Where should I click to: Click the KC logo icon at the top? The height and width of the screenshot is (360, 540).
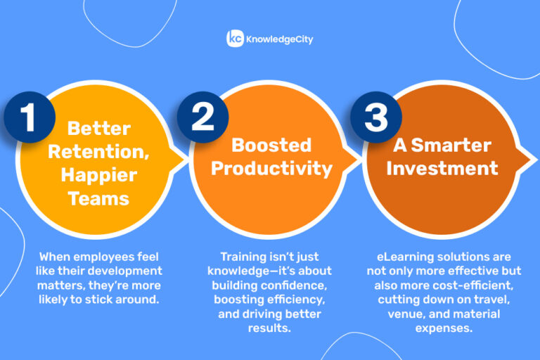click(234, 39)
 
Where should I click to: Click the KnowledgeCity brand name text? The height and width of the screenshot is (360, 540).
click(279, 39)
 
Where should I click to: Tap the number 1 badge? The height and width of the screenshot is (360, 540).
click(29, 117)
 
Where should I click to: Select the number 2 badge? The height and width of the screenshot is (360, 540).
click(202, 117)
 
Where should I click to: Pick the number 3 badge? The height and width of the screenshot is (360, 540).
click(376, 117)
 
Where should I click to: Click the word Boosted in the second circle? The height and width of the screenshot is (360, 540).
click(271, 145)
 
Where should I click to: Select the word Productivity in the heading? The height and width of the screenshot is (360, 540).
click(271, 168)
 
